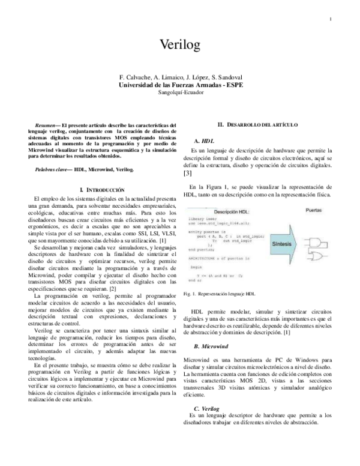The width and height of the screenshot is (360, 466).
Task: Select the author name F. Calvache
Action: [137, 78]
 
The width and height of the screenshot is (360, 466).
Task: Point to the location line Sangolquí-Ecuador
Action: [180, 92]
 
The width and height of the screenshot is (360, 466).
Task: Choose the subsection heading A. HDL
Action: [205, 139]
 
